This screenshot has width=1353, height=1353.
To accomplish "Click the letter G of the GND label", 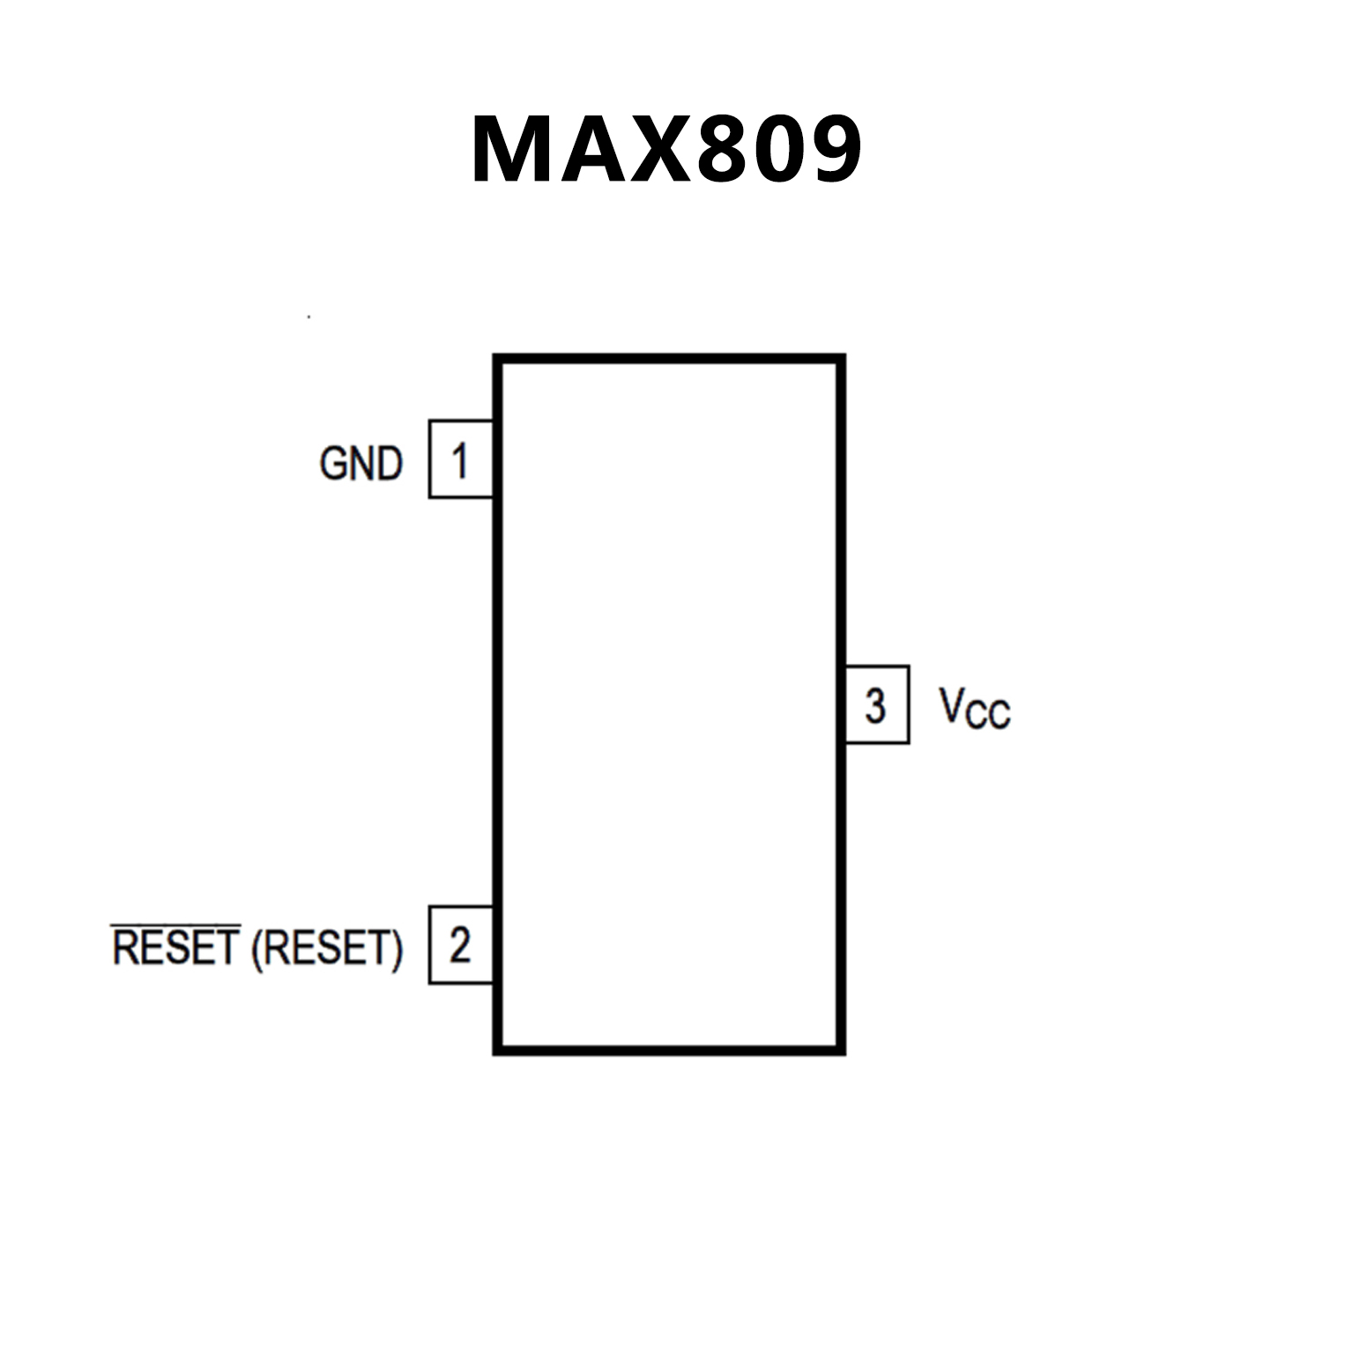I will (x=335, y=464).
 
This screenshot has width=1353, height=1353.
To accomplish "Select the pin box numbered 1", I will (x=460, y=459).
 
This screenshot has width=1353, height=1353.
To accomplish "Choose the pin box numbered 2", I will (x=460, y=945).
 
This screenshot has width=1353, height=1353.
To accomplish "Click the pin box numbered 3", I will (x=876, y=705).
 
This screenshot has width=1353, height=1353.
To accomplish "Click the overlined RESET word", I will (x=176, y=948).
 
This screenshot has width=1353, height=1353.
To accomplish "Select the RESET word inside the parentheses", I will (x=327, y=948).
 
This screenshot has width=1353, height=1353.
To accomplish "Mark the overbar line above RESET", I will (x=176, y=926).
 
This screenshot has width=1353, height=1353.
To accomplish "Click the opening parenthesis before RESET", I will (x=256, y=950).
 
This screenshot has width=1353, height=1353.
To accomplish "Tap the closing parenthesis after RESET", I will (x=397, y=950).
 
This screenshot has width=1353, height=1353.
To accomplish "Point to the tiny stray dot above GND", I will (x=309, y=316).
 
